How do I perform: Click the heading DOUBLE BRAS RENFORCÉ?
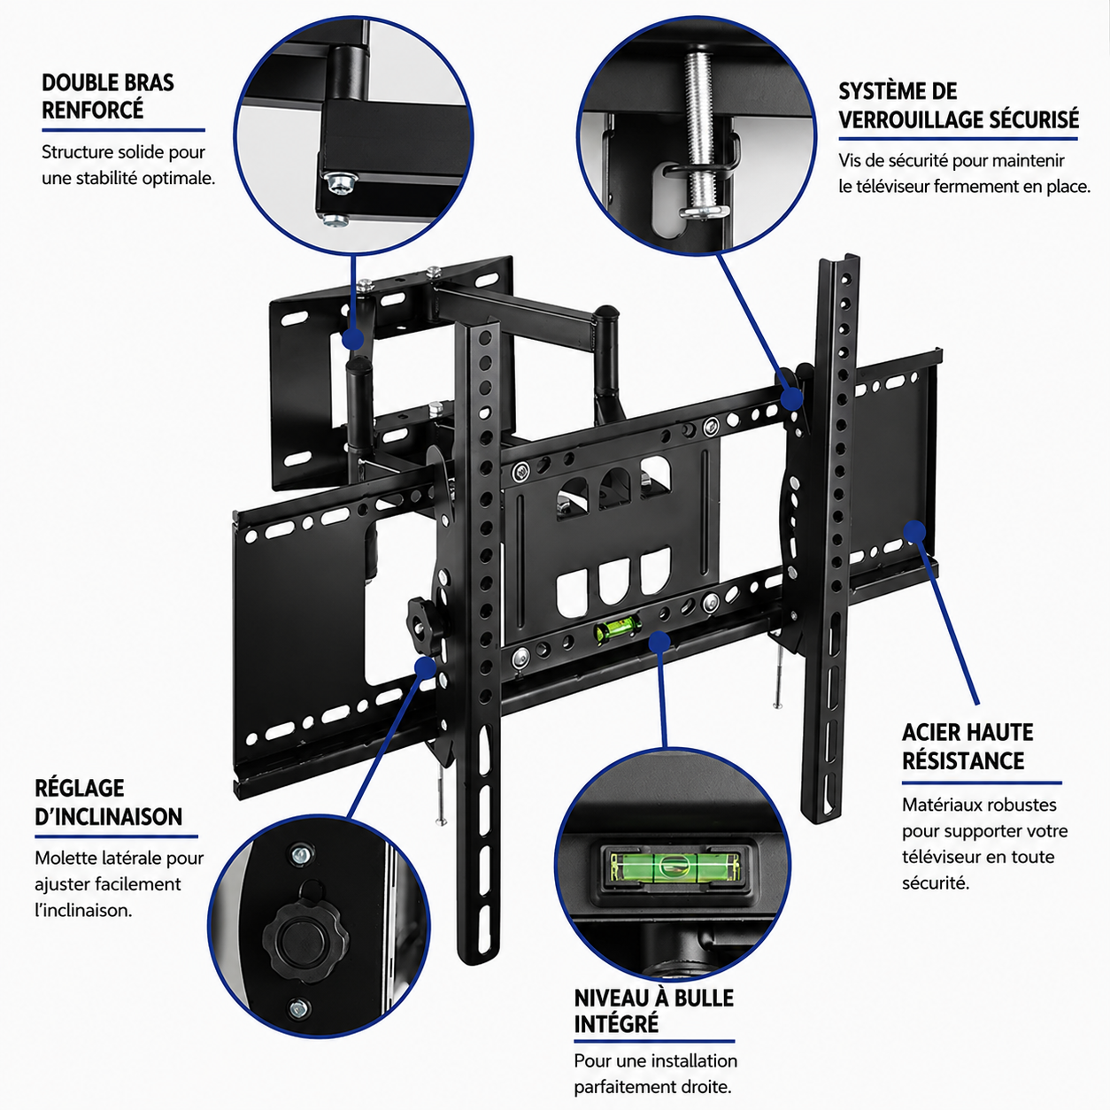(x=108, y=96)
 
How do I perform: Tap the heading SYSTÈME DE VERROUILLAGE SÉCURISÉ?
(x=959, y=105)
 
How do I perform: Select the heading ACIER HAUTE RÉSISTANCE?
(x=967, y=746)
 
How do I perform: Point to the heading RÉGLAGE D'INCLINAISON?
(x=108, y=802)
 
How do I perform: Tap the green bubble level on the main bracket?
(x=618, y=627)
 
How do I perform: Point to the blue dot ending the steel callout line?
(x=914, y=532)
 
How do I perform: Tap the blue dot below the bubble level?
(x=659, y=641)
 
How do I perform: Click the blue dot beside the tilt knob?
(x=426, y=667)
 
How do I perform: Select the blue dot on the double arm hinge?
(x=352, y=339)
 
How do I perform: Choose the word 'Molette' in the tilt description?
(x=66, y=859)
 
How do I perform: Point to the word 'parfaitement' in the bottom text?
(x=628, y=1088)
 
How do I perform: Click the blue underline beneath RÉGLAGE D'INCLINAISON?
(x=116, y=836)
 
